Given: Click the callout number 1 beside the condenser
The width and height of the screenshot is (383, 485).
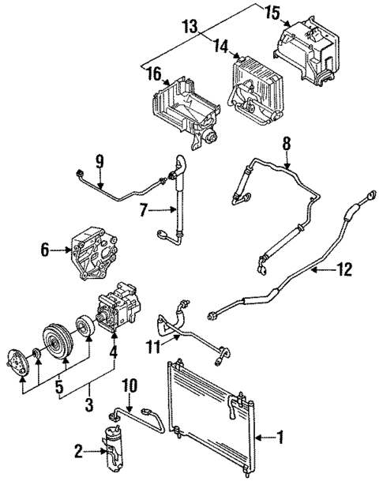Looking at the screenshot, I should click(278, 435).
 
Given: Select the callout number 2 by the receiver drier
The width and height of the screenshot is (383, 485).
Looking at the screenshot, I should click(78, 451).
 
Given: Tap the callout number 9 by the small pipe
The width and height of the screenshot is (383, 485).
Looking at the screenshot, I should click(100, 162).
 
